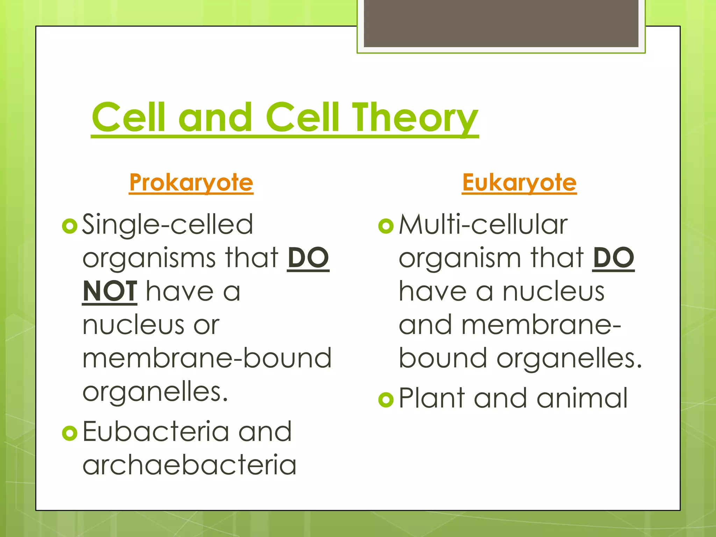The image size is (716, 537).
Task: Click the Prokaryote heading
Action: pyautogui.click(x=191, y=182)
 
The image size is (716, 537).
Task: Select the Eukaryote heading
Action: pyautogui.click(x=519, y=182)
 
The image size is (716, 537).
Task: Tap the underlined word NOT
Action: pyautogui.click(x=109, y=292)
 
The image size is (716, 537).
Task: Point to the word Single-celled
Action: pyautogui.click(x=167, y=224)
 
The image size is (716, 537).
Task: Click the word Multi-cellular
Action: pyautogui.click(x=483, y=224)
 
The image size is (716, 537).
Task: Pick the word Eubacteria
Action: pyautogui.click(x=155, y=431)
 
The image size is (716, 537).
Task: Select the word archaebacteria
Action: pyautogui.click(x=189, y=465)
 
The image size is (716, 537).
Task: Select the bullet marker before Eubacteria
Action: pyautogui.click(x=69, y=434)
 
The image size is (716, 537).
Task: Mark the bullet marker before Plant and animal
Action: pyautogui.click(x=386, y=400)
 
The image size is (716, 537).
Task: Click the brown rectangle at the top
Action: pyautogui.click(x=501, y=23)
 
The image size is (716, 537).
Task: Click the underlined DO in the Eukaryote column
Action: pyautogui.click(x=614, y=258)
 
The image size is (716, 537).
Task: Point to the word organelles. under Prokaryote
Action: pyautogui.click(x=155, y=392)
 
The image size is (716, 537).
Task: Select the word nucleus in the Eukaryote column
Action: pyautogui.click(x=553, y=292)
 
